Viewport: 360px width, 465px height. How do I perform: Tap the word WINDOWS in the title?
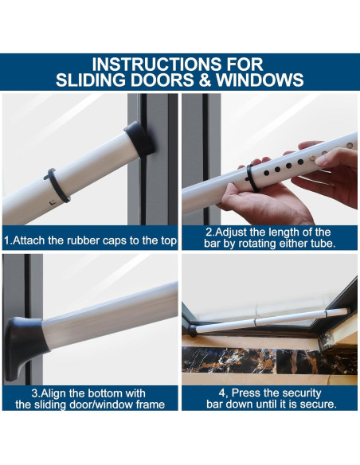click(260, 80)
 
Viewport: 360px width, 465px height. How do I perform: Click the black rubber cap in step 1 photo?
click(139, 139)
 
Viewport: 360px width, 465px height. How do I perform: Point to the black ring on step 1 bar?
click(57, 186)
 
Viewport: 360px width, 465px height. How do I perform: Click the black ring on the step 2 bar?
click(252, 178)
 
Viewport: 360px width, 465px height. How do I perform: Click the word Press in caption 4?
click(245, 393)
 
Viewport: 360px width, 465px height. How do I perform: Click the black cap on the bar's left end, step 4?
click(192, 330)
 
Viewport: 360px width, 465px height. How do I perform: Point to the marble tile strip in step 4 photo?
click(269, 361)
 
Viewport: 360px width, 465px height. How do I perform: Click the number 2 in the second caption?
click(209, 232)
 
